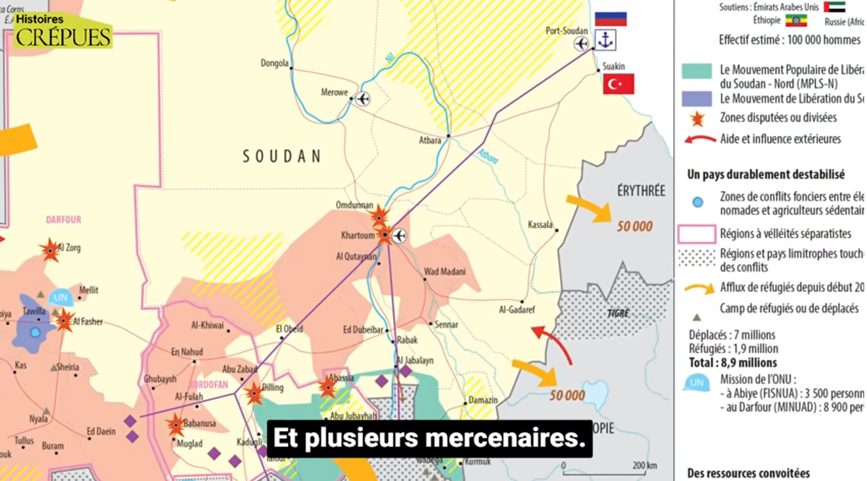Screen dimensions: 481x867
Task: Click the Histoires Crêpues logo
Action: point(63,31)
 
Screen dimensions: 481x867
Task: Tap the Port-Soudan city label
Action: point(566,31)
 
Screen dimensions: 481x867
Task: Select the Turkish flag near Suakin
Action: point(618,84)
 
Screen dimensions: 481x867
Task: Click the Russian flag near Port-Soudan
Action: point(610,18)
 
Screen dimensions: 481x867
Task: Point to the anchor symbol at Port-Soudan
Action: point(605,41)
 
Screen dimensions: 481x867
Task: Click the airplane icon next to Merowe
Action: point(363,99)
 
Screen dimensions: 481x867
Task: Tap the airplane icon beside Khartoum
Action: point(399,236)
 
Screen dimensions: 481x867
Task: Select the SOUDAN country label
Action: point(281,157)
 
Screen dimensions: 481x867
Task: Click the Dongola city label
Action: point(274,64)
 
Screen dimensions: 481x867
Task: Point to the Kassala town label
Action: point(540,224)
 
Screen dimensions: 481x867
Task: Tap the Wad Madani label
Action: point(444,272)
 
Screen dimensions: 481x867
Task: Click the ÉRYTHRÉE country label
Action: point(640,191)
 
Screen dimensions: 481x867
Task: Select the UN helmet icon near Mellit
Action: point(61,297)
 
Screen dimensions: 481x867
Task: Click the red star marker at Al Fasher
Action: point(64,320)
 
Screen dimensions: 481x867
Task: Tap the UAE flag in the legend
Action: point(834,7)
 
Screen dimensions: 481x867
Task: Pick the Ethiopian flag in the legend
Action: point(795,21)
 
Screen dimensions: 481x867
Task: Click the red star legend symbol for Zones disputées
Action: point(697,119)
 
